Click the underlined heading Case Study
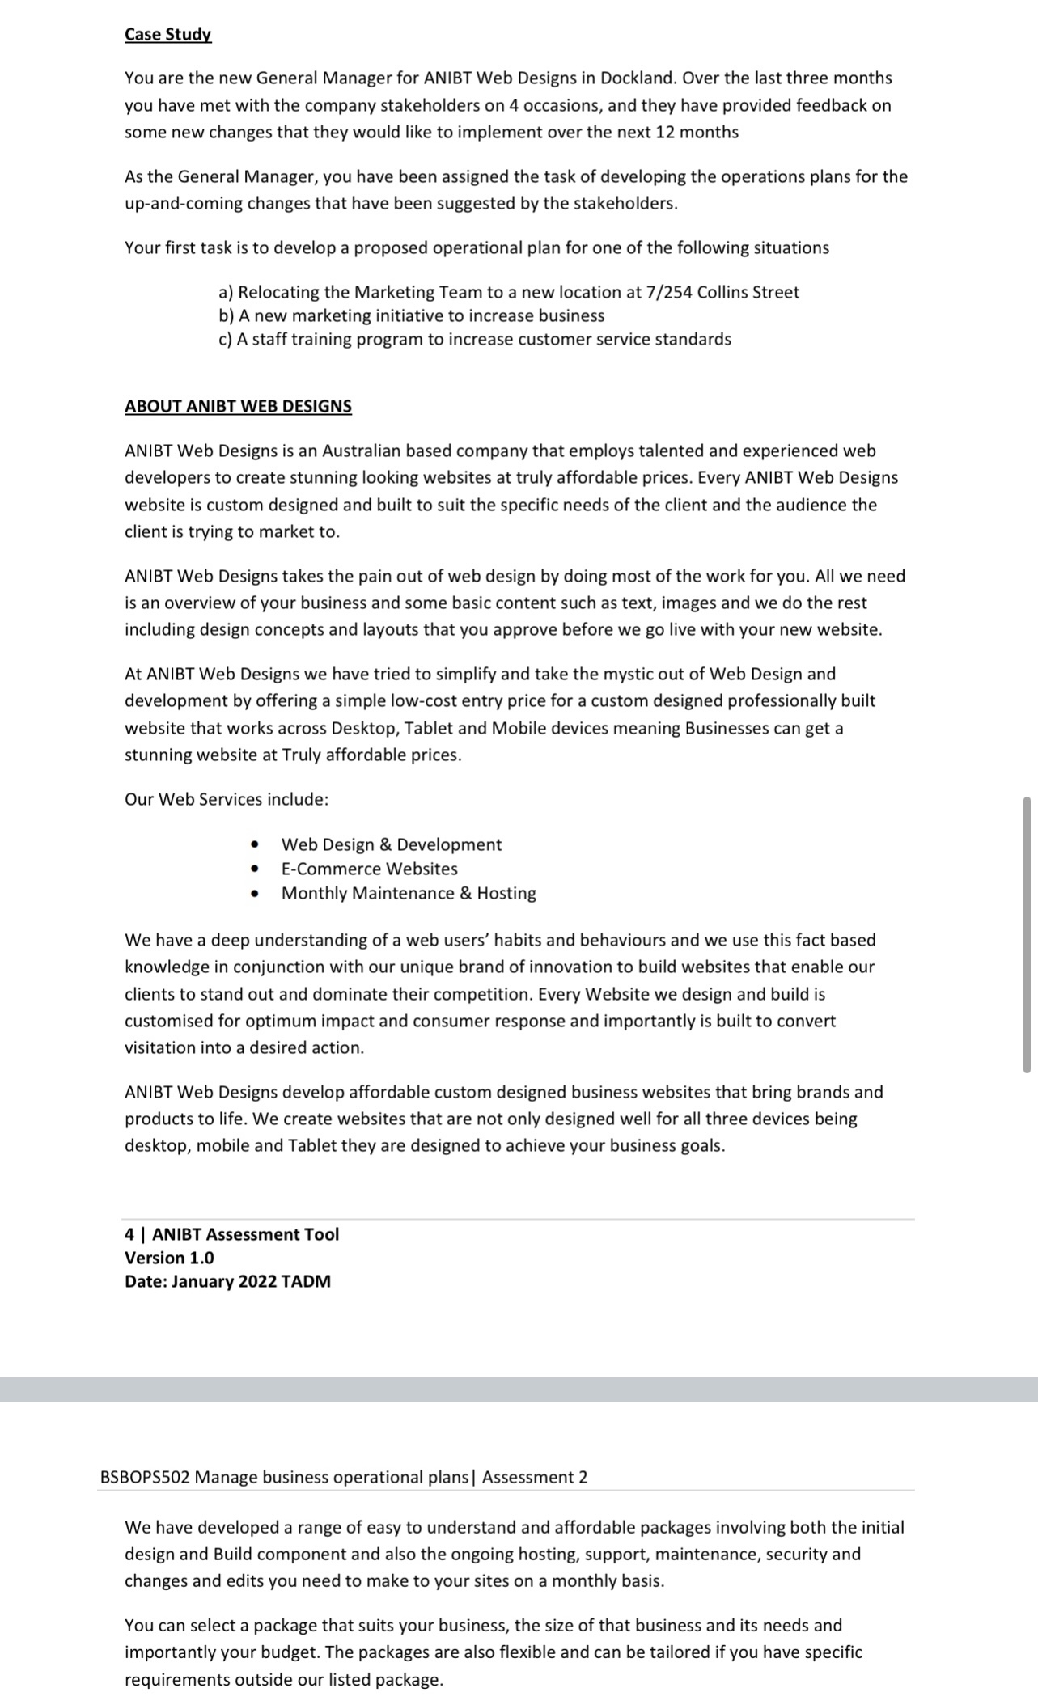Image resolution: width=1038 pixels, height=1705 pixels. coord(167,35)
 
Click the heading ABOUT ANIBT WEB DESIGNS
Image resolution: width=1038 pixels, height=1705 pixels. coord(238,406)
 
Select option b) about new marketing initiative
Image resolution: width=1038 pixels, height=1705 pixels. coord(411,315)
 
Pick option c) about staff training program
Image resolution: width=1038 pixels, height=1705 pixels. coord(474,339)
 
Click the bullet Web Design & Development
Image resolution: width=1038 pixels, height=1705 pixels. coord(391,844)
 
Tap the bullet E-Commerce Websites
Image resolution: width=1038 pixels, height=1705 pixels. coord(369,869)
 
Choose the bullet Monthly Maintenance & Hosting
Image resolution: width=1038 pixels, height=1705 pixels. coord(408,893)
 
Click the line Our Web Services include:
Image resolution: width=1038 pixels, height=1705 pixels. coord(227,799)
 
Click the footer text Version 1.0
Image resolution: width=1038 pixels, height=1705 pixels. coord(169,1258)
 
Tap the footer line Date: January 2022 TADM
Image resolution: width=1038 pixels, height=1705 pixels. coord(227,1281)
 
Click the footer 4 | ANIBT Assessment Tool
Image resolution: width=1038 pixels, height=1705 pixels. coord(231,1234)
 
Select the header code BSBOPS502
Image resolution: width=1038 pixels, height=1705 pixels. coord(145,1477)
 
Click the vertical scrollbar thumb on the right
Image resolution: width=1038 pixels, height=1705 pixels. coord(1027,934)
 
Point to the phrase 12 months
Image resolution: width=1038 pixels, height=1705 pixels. coord(697,132)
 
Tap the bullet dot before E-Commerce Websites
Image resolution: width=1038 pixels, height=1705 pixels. coord(255,869)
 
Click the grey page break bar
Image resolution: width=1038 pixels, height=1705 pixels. coord(518,1390)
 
